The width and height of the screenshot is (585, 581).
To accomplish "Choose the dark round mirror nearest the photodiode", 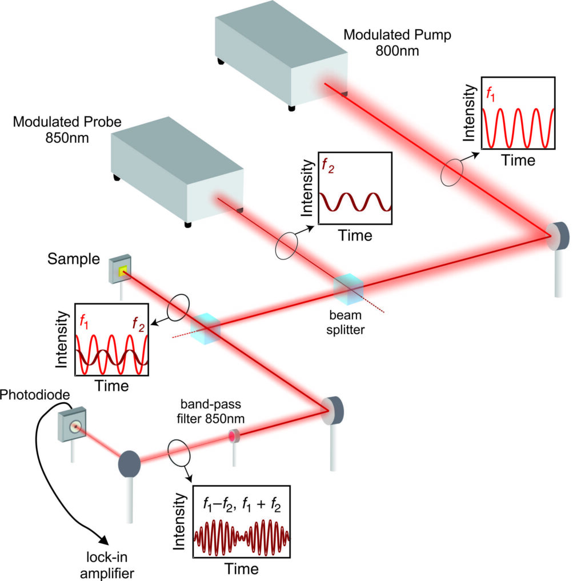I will pos(129,463).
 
